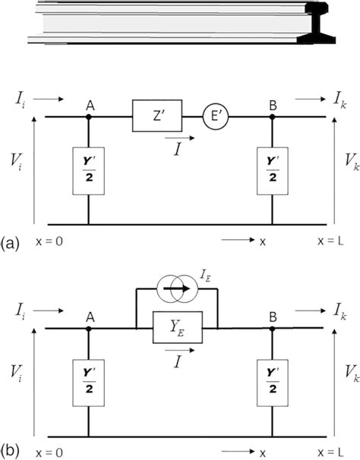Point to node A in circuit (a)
click(90, 118)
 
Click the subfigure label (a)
click(11, 243)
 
